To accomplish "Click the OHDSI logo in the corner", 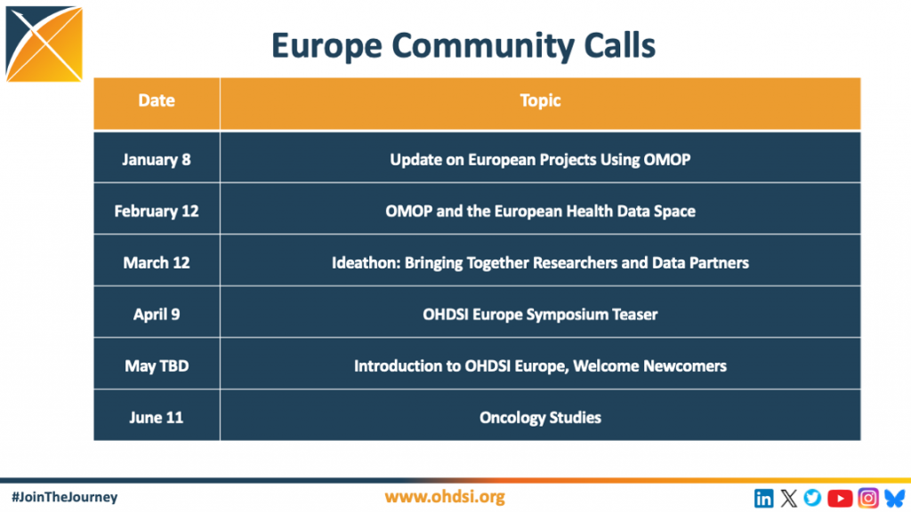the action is [x=44, y=44].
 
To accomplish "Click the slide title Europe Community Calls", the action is [x=463, y=46].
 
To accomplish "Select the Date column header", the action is [x=157, y=103].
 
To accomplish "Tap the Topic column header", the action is [x=540, y=103].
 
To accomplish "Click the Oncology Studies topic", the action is [x=540, y=418].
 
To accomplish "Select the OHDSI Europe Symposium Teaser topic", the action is [x=540, y=315].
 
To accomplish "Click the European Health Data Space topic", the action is [x=540, y=212].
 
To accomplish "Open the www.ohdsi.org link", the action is [x=445, y=497].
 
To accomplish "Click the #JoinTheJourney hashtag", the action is [x=64, y=497].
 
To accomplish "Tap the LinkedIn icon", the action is [x=764, y=498].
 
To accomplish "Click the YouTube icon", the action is [x=840, y=498].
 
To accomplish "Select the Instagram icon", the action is [x=868, y=498].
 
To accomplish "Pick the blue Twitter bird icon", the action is [x=813, y=498].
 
